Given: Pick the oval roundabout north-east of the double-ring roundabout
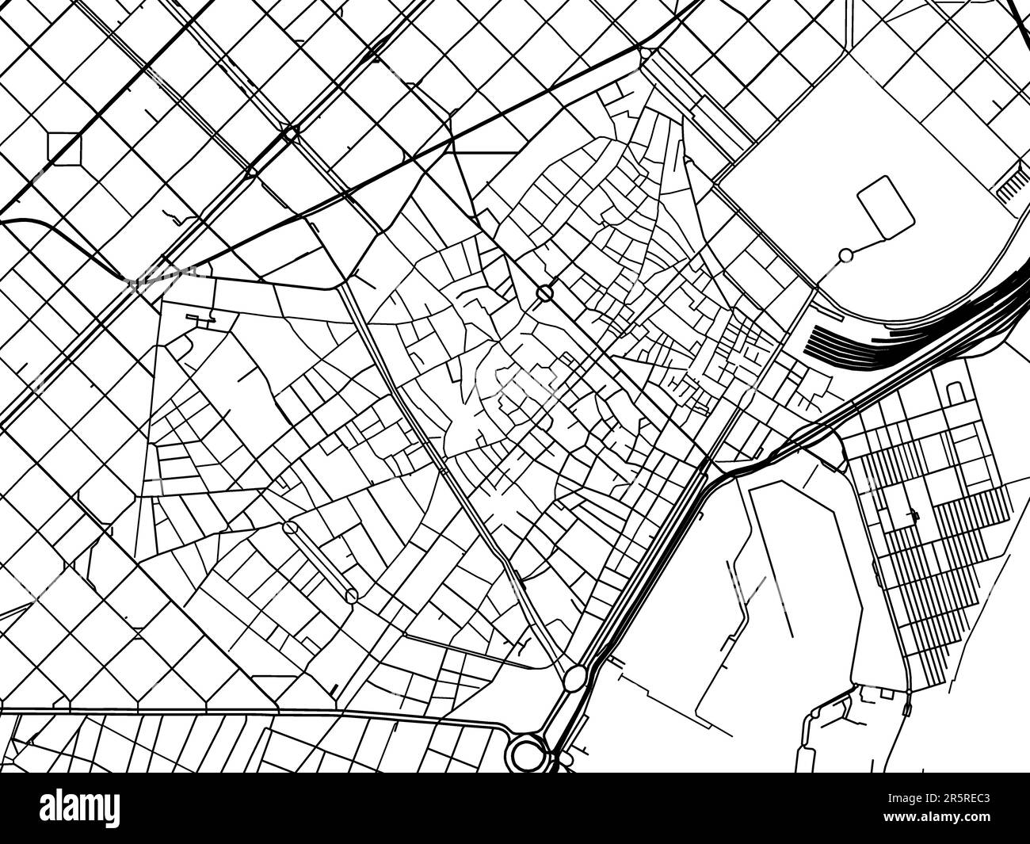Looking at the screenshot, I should coord(576,677).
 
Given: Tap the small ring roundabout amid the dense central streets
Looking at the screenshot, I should coord(544,293).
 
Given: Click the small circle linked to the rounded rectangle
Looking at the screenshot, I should coord(845,255).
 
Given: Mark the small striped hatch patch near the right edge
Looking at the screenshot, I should coord(1009,187).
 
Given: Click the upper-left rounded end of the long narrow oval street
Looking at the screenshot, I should coord(291,527).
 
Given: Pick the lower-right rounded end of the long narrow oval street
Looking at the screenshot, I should coord(352,594).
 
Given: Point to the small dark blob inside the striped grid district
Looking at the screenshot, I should coord(914,516).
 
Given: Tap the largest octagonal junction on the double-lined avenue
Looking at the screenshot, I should coord(289,135).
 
